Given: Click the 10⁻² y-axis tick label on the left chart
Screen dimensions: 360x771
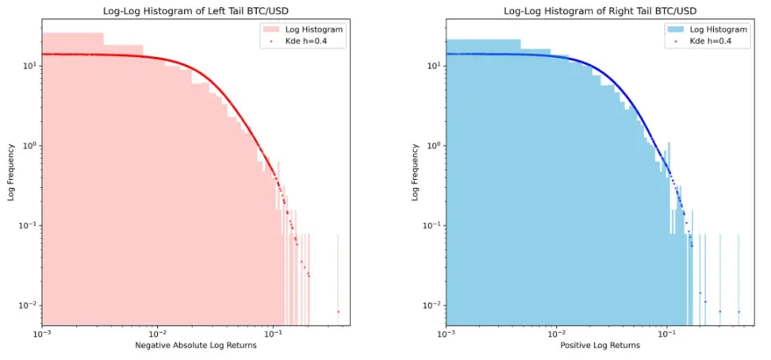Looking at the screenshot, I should pyautogui.click(x=29, y=305).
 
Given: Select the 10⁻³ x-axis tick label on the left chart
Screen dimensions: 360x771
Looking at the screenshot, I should pyautogui.click(x=42, y=334).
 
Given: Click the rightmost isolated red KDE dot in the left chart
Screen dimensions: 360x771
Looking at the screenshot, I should pyautogui.click(x=338, y=312).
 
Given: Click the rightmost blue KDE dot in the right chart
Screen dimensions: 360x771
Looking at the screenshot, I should pyautogui.click(x=738, y=312).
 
